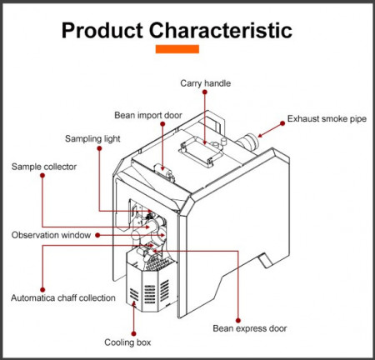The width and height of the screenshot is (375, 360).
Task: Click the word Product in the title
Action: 102,30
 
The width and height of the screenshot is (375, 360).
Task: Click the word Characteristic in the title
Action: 221,30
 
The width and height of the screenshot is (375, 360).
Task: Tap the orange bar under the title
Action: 177,49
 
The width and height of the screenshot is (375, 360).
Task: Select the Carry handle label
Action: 205,83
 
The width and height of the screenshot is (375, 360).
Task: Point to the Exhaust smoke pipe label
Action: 327,119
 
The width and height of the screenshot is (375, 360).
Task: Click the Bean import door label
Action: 148,115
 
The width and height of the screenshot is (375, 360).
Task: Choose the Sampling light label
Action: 92,138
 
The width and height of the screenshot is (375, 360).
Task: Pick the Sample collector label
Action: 44,167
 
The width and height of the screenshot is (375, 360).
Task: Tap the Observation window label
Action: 51,235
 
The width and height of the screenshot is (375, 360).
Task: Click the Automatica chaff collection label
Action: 63,298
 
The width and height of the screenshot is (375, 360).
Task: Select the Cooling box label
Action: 127,342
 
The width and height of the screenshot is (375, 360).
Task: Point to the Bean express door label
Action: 250,328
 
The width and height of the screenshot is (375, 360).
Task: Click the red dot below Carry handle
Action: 205,92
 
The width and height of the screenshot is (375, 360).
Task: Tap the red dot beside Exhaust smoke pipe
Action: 282,123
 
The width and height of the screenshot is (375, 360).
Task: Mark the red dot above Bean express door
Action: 238,320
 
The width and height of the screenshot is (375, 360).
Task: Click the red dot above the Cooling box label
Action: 133,333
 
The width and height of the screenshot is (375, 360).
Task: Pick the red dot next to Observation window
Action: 97,235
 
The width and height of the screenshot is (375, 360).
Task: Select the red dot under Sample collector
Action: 42,176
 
